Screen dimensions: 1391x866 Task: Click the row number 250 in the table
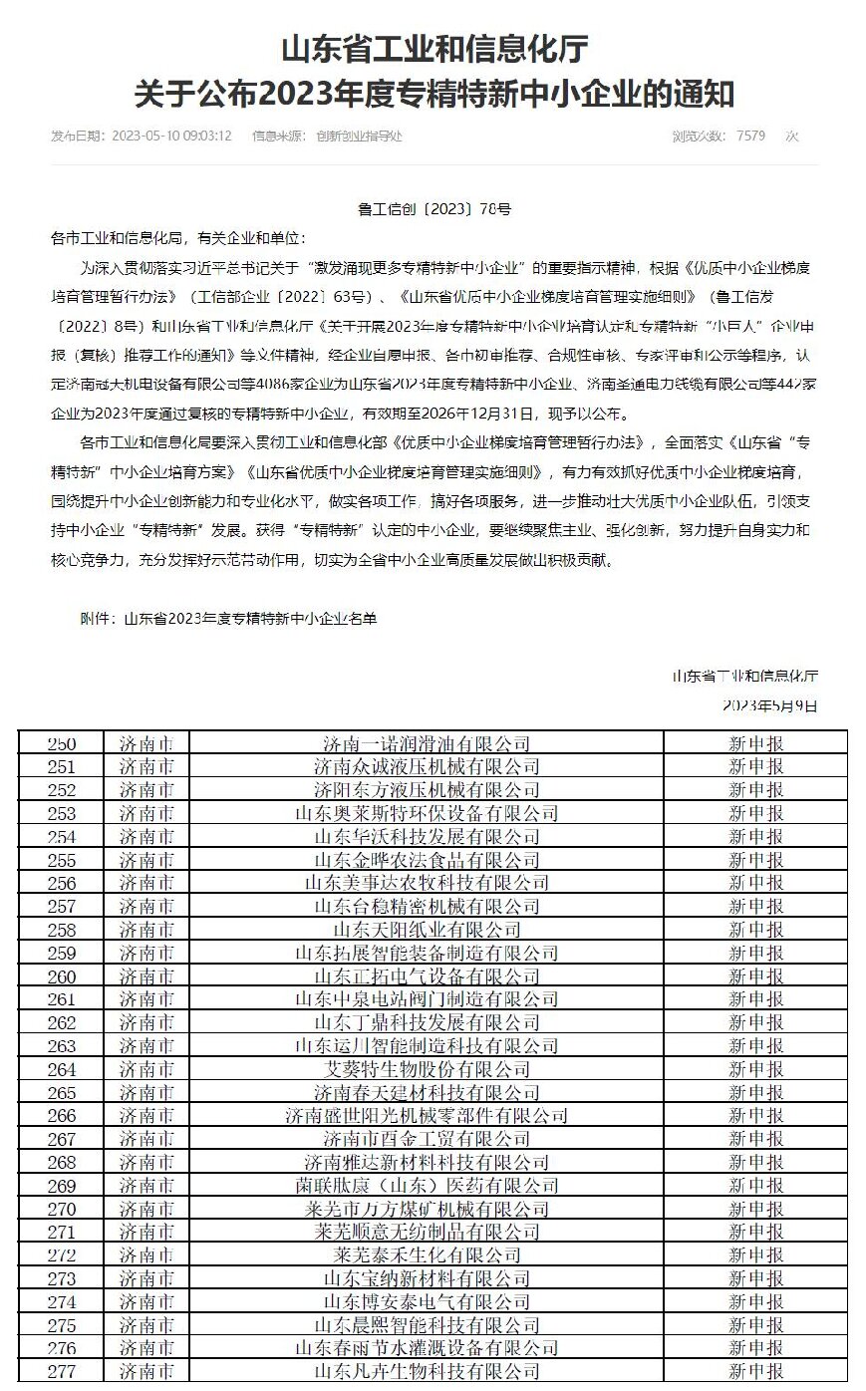pos(61,743)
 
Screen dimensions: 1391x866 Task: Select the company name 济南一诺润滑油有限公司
pos(427,743)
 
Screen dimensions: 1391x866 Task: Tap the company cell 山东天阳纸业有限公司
pos(427,930)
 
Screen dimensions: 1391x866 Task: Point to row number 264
pos(61,1069)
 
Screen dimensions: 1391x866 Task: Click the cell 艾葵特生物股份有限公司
pos(427,1069)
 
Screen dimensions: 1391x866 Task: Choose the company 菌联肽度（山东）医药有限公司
pos(427,1186)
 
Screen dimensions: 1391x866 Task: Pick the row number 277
pos(61,1372)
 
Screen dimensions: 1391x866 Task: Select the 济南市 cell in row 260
pos(146,976)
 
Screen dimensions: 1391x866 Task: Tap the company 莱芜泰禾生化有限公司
pos(427,1255)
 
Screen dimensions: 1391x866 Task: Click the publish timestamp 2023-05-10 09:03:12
pos(171,136)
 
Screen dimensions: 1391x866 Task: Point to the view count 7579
pos(750,136)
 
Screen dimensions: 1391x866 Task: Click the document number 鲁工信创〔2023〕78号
pos(433,210)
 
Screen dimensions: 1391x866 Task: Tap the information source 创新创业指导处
pos(359,136)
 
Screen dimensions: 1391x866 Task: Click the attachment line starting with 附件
pos(228,619)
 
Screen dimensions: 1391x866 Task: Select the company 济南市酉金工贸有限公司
pos(427,1139)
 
